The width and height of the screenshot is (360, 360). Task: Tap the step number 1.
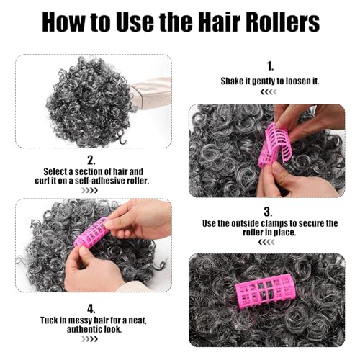point(270,66)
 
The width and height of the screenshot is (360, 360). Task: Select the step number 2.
point(91,161)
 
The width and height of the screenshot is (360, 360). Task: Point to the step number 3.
point(268,212)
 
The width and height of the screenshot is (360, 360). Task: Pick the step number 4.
point(91,309)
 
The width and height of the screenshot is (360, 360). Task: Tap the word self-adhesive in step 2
point(99,181)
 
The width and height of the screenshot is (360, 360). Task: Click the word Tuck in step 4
point(48,320)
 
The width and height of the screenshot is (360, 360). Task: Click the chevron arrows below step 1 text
point(269,92)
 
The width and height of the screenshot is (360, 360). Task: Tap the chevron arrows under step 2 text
point(90,191)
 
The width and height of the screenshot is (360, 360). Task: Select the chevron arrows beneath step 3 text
point(266,243)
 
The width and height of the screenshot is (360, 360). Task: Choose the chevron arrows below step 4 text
point(90,339)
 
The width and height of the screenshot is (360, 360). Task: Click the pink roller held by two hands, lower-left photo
point(92,231)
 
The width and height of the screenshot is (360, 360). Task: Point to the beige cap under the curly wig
point(152,94)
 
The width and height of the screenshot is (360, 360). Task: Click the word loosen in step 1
point(298,81)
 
